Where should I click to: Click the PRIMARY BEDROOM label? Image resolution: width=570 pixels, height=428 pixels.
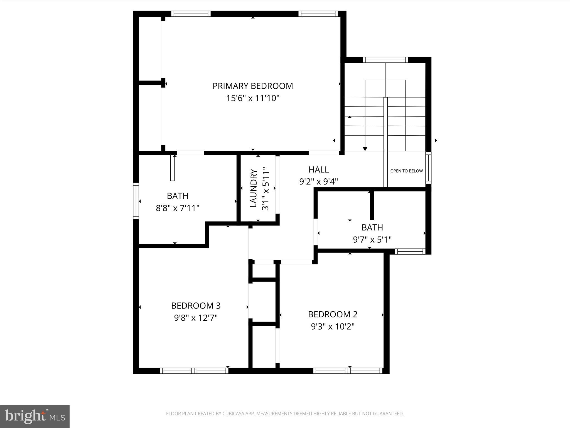click(x=253, y=86)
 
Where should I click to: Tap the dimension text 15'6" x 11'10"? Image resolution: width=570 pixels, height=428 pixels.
click(x=253, y=98)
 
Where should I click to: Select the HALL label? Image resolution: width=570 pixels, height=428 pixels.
click(x=319, y=169)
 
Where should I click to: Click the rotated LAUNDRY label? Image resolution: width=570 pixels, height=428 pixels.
click(x=254, y=188)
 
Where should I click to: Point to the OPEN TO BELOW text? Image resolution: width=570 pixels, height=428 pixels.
click(x=406, y=171)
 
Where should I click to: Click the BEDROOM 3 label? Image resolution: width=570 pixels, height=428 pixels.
click(x=196, y=306)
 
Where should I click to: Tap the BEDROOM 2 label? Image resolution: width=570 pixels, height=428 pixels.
click(x=333, y=314)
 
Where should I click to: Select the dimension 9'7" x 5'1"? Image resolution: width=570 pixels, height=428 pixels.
click(x=372, y=240)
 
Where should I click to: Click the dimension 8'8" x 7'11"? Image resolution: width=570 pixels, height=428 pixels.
click(x=178, y=208)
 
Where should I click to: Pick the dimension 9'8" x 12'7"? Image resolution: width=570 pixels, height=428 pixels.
click(x=196, y=318)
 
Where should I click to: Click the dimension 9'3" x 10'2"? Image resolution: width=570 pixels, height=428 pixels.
click(x=333, y=327)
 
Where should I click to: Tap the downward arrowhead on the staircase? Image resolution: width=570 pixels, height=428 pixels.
click(x=365, y=149)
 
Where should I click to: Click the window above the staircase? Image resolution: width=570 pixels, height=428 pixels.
click(x=385, y=60)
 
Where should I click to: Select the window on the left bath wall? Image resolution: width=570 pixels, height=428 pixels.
click(x=136, y=201)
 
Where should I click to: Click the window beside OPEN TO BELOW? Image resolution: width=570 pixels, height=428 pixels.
click(x=428, y=168)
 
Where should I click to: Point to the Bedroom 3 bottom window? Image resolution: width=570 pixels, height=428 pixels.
click(x=194, y=371)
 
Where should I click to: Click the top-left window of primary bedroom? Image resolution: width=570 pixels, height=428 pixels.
click(x=191, y=14)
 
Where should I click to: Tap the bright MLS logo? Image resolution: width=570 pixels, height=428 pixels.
click(x=35, y=416)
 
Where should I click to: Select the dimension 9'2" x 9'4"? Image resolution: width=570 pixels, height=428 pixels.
click(x=319, y=182)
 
